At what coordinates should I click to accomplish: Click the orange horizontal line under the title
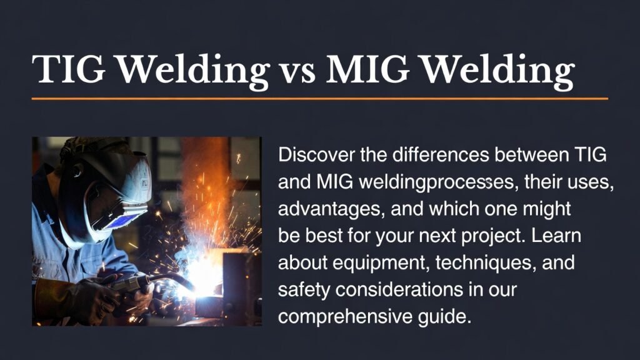coord(319,99)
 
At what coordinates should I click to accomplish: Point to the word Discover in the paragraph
coord(316,154)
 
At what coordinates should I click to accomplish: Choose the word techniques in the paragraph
coord(481,262)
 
